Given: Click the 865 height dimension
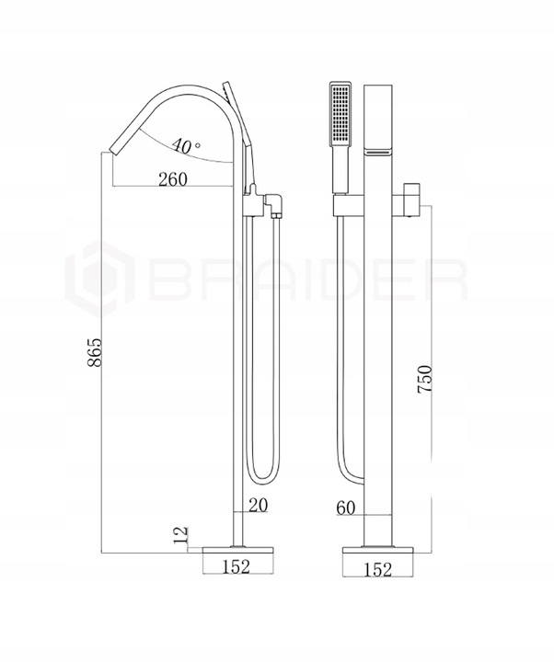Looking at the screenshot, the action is [x=96, y=351].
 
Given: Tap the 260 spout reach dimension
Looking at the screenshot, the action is [x=173, y=179].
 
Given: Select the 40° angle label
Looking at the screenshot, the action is [x=186, y=145].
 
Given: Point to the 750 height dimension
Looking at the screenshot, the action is [x=424, y=379].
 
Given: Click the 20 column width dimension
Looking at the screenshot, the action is [x=259, y=505].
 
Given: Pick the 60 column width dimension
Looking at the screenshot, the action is [x=346, y=508].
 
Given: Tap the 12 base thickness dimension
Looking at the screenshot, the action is [x=180, y=535].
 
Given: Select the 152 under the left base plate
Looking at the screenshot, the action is [x=237, y=566].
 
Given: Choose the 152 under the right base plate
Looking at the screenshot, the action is [x=378, y=569].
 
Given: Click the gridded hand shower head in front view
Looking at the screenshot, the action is [x=340, y=112].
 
